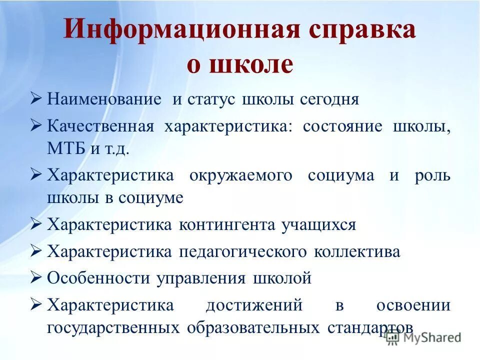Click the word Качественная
pos(100,126)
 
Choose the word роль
pos(432,175)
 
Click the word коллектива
pos(357,251)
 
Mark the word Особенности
pos(98,278)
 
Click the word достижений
pos(254,305)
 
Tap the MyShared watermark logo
pos(423,337)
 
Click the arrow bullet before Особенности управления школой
pos(35,277)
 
